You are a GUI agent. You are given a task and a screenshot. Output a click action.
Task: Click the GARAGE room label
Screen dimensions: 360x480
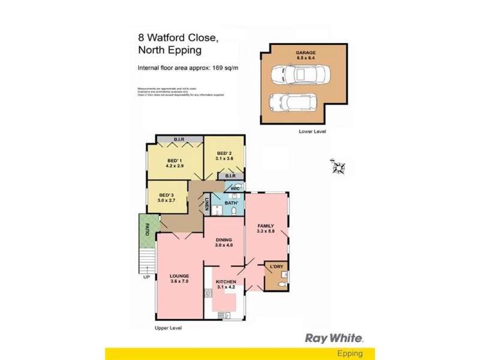point(305,53)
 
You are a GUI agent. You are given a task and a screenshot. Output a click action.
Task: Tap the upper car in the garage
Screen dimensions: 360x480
point(298,75)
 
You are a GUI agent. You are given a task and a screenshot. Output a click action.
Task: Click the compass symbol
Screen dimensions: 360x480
point(338,166)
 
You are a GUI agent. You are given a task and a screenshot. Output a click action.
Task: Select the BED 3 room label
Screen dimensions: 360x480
point(166,195)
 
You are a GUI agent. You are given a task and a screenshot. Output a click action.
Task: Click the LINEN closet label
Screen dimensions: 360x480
point(206,204)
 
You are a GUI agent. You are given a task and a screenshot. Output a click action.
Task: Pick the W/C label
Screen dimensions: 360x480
point(235,188)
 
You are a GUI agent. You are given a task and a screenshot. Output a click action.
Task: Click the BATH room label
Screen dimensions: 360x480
point(232,203)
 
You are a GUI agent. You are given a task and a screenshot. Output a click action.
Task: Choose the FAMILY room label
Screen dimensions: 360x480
point(265,226)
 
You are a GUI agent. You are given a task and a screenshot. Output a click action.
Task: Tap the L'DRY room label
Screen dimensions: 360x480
point(276,266)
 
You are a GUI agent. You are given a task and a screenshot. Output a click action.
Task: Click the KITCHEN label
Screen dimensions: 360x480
point(226,282)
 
